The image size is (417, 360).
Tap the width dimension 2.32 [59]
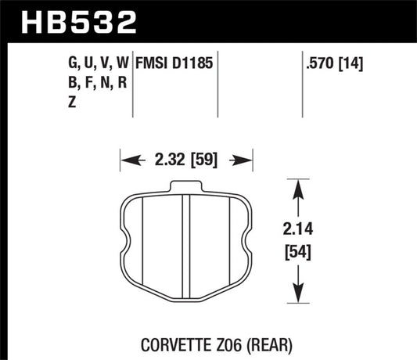click(185, 162)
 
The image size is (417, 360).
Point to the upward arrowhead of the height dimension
click(296, 184)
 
